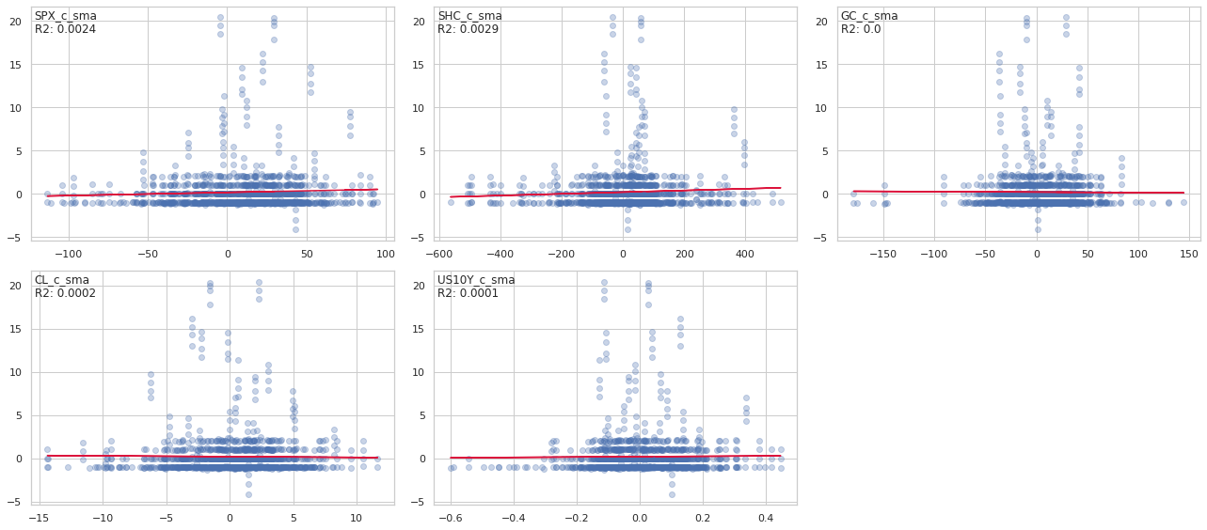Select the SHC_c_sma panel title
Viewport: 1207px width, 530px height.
click(x=469, y=16)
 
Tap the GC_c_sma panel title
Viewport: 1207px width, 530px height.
click(x=869, y=16)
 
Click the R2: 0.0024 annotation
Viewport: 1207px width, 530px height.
click(x=65, y=29)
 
